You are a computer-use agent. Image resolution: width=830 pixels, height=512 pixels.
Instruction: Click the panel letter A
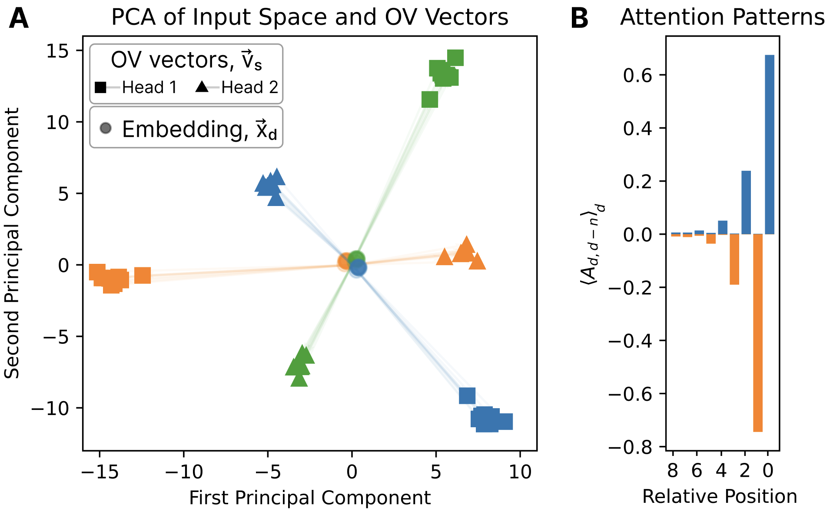pos(19,19)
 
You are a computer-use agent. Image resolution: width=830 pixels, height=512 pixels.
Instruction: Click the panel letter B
pos(579,19)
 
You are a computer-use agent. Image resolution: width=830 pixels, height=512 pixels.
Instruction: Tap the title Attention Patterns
pos(722,18)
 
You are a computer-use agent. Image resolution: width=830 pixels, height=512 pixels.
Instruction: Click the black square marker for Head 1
pos(100,87)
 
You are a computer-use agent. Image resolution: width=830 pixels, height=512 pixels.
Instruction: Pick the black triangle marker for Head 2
pos(202,87)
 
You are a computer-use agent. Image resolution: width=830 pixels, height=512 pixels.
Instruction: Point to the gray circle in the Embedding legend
pos(106,128)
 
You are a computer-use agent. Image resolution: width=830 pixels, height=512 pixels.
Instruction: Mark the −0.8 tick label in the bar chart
pos(630,447)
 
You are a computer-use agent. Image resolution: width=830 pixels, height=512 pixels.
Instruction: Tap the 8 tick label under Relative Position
pos(673,471)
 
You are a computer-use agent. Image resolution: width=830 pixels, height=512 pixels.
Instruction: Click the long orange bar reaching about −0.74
pos(758,332)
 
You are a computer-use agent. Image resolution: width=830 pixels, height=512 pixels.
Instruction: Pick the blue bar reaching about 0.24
pos(746,203)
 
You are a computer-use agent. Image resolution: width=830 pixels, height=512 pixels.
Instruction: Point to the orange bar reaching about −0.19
pos(734,259)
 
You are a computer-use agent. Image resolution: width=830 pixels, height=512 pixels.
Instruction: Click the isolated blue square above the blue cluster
pos(467,396)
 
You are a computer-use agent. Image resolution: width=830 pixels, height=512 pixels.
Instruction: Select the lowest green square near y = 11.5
pos(430,100)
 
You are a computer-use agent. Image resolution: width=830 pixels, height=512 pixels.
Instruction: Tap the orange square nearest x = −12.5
pos(143,275)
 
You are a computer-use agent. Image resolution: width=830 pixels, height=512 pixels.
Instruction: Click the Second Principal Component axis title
pos(12,243)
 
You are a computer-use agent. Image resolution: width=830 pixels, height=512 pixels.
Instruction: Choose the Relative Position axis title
pos(720,496)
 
